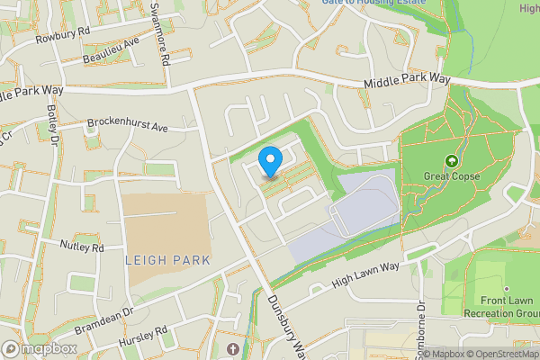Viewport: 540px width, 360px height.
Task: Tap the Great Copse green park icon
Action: click(451, 162)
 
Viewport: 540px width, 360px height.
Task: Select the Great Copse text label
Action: click(452, 176)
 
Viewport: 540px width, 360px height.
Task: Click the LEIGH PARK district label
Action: click(168, 260)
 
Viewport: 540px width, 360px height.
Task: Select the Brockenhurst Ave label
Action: click(128, 125)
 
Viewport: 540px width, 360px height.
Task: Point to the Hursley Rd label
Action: click(143, 339)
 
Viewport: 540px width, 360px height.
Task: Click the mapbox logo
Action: click(39, 349)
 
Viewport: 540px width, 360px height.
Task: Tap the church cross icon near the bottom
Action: click(232, 348)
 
